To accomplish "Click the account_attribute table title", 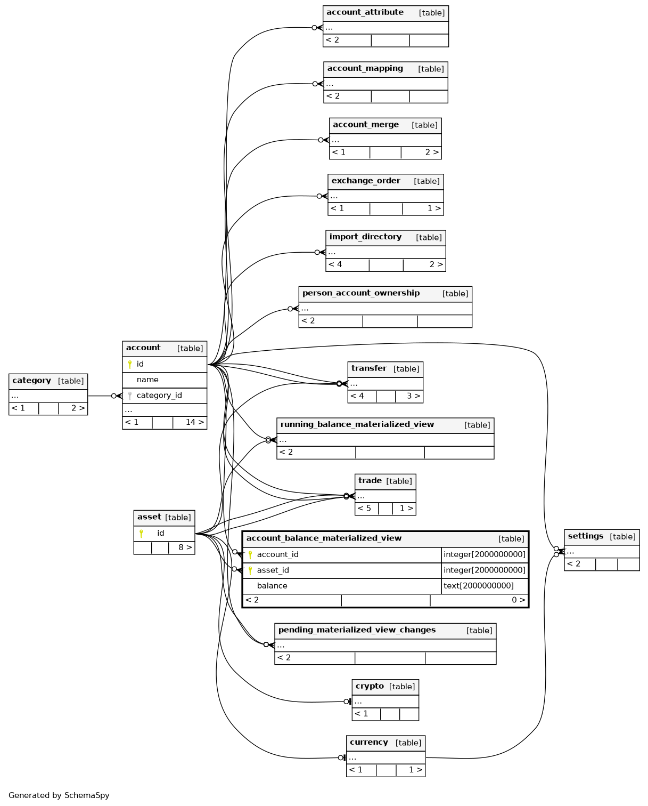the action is click(x=365, y=12).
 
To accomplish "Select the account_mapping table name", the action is click(x=365, y=69).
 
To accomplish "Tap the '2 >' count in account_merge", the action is click(x=432, y=152).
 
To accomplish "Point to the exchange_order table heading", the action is click(x=365, y=181).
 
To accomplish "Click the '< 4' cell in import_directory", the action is click(x=335, y=264).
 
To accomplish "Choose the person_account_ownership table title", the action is click(x=360, y=293).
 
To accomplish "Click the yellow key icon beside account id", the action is click(x=130, y=364).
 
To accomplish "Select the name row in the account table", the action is click(x=147, y=380).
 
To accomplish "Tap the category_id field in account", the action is click(x=159, y=396).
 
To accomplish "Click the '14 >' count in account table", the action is click(x=194, y=422).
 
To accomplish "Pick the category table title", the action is click(x=31, y=381).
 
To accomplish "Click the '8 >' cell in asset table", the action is click(x=185, y=547).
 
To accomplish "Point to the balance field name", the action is click(x=272, y=586).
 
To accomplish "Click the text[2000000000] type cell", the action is click(x=479, y=586).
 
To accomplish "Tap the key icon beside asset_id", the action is click(x=250, y=570).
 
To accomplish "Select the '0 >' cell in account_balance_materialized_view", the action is click(x=518, y=600).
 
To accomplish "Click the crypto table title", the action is click(x=370, y=686).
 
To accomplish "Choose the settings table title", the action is click(x=585, y=536).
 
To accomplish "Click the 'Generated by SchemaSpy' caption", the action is click(x=59, y=795).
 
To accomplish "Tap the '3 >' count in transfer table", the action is click(x=413, y=396).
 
